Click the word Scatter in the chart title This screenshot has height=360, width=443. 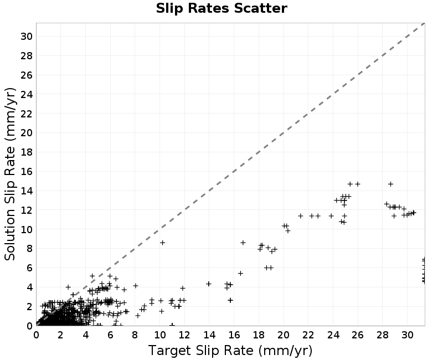coord(260,8)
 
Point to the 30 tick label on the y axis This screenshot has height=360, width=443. coord(27,36)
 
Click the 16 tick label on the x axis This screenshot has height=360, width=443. coord(234,335)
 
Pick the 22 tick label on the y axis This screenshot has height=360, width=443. coord(27,114)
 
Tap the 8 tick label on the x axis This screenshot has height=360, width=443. coord(135,335)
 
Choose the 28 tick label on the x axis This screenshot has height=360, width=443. coord(383,335)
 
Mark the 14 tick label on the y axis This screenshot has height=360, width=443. coord(27,191)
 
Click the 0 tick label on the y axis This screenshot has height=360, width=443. coord(30,326)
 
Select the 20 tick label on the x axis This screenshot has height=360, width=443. coord(284,335)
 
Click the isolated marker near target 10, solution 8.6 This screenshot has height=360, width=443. coord(162,243)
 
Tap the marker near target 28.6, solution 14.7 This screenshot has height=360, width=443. coord(390,184)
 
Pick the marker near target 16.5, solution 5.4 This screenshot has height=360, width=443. coord(240,273)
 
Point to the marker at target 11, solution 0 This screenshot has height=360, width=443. coord(172,325)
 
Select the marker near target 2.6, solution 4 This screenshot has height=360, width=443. coord(68,287)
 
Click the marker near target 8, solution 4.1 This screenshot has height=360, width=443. coord(136,286)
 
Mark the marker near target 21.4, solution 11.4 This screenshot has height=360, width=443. coord(301,216)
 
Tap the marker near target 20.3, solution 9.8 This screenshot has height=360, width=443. coord(288,230)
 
